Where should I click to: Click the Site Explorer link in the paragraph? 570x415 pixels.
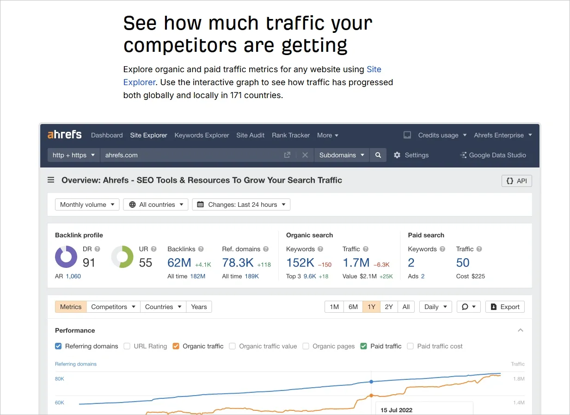pos(374,69)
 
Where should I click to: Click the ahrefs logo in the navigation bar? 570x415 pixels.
pos(64,135)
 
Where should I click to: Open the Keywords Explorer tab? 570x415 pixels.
pos(202,135)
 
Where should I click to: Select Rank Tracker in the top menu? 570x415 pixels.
pos(291,135)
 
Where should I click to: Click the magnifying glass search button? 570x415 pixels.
pos(378,155)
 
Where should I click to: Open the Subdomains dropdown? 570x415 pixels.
pos(341,155)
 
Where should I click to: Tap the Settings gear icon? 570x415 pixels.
pos(397,155)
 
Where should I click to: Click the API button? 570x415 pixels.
pos(516,181)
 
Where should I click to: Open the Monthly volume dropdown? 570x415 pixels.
pos(87,204)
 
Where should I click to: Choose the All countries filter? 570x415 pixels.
pos(156,204)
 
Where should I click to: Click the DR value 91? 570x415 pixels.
pos(89,263)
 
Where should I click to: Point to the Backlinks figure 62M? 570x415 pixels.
pos(179,263)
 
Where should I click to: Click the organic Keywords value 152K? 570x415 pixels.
pos(300,263)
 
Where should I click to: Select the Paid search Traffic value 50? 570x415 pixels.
pos(463,263)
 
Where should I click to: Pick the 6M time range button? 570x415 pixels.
pos(353,307)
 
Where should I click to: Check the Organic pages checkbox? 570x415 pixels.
pos(306,346)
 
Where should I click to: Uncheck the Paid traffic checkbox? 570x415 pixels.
pos(364,346)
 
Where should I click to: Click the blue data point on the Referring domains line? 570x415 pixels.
pos(371,382)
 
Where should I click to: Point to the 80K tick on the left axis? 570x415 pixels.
pos(60,379)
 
